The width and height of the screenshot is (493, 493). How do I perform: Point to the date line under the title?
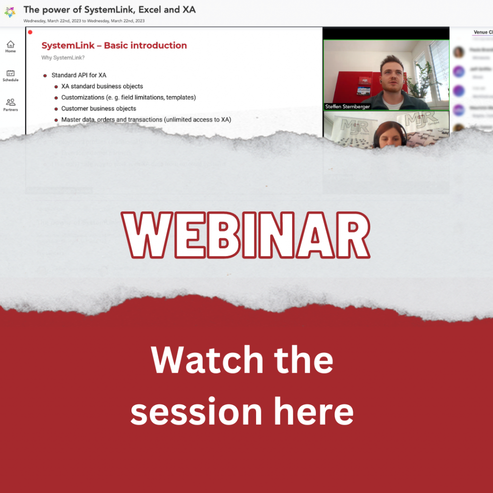click(x=84, y=21)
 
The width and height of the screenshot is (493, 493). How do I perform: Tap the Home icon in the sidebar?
click(x=11, y=45)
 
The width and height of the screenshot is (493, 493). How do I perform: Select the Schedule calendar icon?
click(x=11, y=73)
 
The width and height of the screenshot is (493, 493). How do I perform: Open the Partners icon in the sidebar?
click(x=11, y=102)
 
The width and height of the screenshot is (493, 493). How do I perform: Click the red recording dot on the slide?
click(x=30, y=32)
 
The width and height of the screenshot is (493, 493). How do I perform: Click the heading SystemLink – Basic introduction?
click(x=114, y=46)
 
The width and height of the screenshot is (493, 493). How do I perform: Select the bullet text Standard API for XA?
click(x=79, y=75)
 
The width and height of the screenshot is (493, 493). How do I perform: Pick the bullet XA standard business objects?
click(x=102, y=86)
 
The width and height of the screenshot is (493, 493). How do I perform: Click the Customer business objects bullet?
click(x=99, y=108)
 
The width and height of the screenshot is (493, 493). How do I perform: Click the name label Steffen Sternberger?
click(x=347, y=106)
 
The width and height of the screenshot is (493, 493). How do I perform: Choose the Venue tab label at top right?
click(x=480, y=32)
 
